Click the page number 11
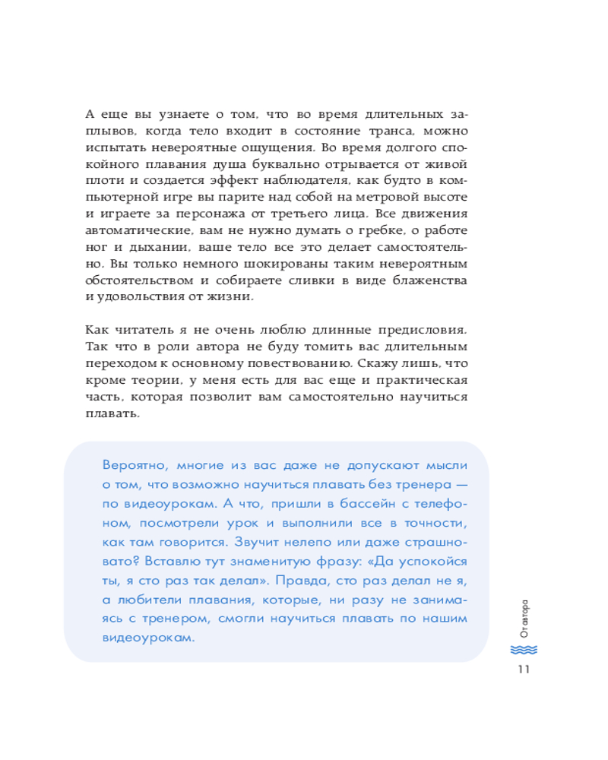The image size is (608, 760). click(522, 669)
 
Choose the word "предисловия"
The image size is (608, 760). click(424, 332)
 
